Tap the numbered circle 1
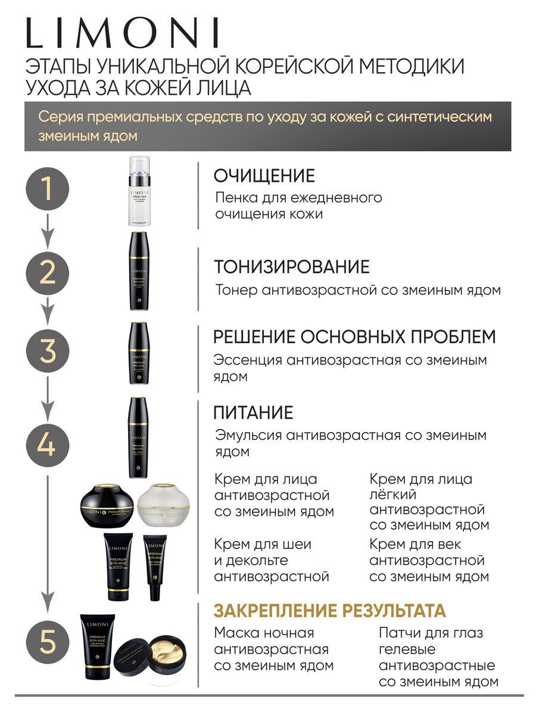[47, 190]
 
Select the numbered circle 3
[47, 351]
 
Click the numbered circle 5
[47, 644]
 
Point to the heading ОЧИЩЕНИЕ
[264, 176]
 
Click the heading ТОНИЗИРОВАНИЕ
[292, 266]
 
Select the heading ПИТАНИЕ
[254, 412]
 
